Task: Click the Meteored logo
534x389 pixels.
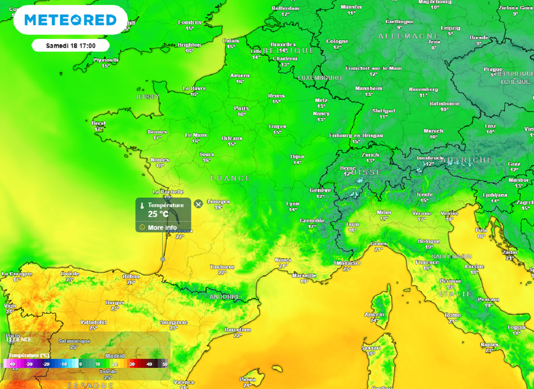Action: (x=70, y=20)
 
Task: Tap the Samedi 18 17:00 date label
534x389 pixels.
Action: (x=70, y=46)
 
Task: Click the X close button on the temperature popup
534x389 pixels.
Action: (x=198, y=204)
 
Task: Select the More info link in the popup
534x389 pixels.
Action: (x=162, y=228)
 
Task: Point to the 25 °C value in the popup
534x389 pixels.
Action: (x=159, y=214)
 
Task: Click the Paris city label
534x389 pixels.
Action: (x=241, y=108)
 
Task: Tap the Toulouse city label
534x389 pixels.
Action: (x=222, y=267)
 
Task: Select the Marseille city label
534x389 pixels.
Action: (x=304, y=275)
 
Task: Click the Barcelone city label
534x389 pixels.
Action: (x=238, y=330)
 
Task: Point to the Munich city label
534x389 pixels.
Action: (x=433, y=131)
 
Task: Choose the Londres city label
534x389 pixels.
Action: (x=190, y=22)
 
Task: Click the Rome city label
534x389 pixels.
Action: (x=453, y=315)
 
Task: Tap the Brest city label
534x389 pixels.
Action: (x=99, y=123)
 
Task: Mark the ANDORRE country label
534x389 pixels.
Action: (x=224, y=297)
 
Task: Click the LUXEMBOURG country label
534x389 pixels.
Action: (x=320, y=78)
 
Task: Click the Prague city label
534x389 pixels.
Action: (x=493, y=69)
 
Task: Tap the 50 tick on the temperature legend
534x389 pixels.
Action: (x=165, y=365)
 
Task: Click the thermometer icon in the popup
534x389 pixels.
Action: (x=141, y=206)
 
